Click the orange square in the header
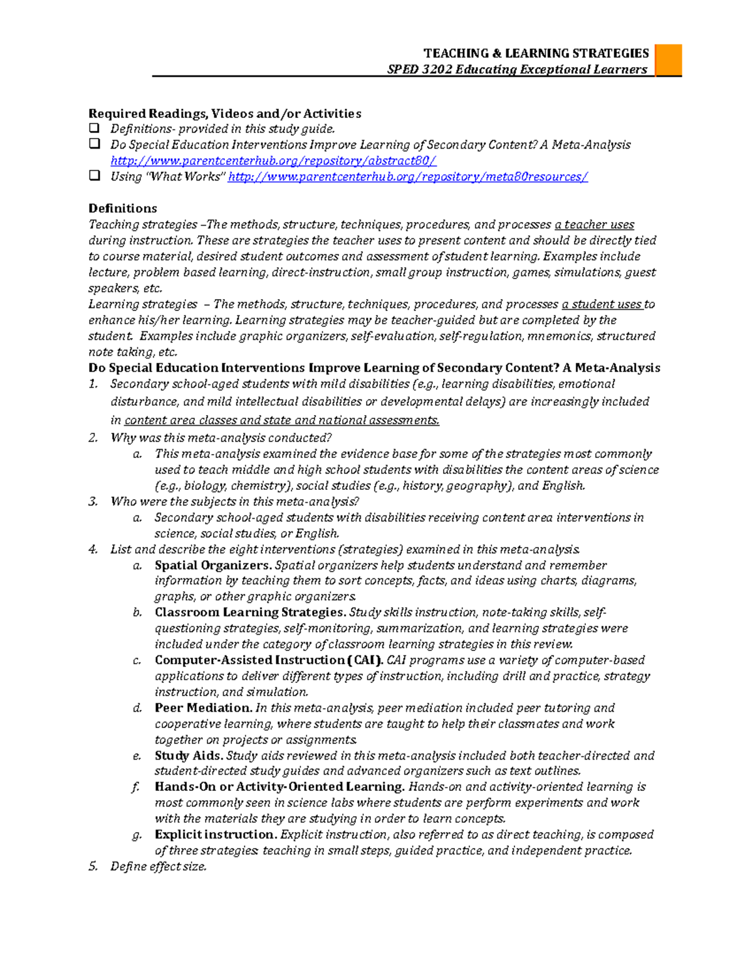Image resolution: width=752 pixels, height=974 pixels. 668,60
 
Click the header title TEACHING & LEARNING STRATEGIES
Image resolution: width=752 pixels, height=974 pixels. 536,53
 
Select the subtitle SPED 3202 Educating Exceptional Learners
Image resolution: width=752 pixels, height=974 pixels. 517,70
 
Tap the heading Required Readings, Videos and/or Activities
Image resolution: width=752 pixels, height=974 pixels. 224,114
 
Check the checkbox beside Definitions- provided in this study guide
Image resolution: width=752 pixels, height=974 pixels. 95,128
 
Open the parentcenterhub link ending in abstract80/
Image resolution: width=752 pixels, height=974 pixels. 273,161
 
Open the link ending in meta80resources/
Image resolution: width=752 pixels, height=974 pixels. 408,177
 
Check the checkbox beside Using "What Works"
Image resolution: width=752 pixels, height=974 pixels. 95,176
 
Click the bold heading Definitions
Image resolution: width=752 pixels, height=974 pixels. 122,208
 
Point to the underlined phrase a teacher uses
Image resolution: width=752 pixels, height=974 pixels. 594,225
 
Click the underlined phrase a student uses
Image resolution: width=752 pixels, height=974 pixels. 602,304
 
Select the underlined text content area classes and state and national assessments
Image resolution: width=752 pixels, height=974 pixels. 281,420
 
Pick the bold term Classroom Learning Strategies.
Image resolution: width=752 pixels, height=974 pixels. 250,612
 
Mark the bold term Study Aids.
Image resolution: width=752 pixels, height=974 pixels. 189,755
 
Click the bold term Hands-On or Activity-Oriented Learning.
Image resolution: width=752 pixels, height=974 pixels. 279,786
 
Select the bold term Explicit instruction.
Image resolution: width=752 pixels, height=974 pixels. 216,834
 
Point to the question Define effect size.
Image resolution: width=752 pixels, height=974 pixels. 158,866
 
